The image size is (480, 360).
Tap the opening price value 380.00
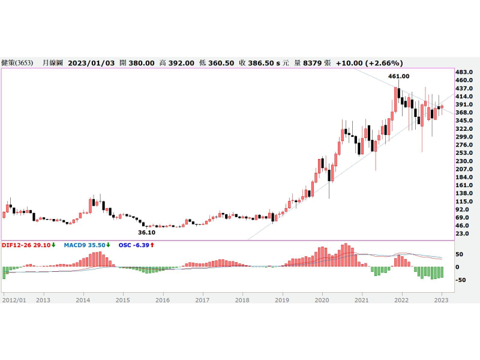pyautogui.click(x=142, y=62)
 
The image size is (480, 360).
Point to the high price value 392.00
pyautogui.click(x=181, y=62)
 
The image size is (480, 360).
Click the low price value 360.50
pyautogui.click(x=220, y=62)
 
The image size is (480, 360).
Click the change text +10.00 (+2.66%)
pyautogui.click(x=370, y=62)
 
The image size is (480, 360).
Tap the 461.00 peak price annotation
pyautogui.click(x=398, y=76)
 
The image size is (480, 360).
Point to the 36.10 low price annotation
pyautogui.click(x=147, y=232)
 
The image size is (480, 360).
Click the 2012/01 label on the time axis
pyautogui.click(x=14, y=298)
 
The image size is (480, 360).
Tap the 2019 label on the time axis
pyautogui.click(x=282, y=298)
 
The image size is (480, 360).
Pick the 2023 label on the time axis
pyautogui.click(x=441, y=298)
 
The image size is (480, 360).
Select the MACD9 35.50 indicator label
pyautogui.click(x=86, y=245)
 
